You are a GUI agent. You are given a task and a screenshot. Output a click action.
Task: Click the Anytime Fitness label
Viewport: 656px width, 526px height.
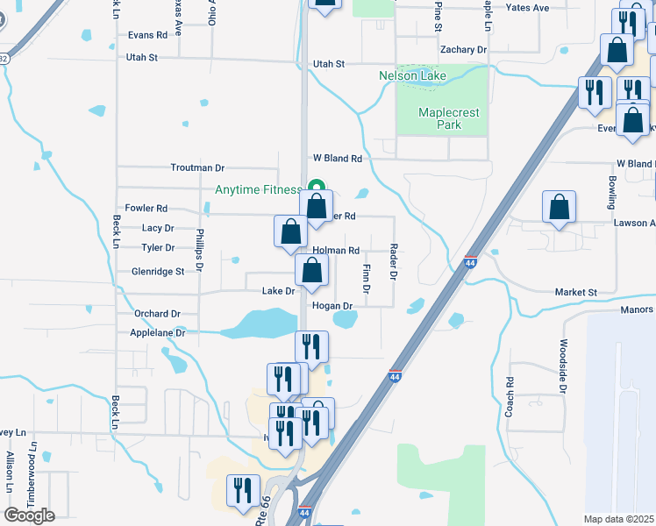point(258,190)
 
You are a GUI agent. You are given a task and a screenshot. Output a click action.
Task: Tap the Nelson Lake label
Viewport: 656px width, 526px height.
point(412,76)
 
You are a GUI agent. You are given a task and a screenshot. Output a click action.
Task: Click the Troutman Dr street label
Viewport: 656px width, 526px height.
point(197,167)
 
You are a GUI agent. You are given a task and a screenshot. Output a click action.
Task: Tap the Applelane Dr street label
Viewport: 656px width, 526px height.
point(158,333)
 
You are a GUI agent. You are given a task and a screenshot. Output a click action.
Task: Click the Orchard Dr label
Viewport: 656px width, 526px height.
point(157,313)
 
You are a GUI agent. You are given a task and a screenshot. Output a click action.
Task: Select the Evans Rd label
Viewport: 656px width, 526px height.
point(146,36)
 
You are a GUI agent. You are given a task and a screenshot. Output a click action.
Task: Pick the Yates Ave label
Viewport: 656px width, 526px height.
point(527,8)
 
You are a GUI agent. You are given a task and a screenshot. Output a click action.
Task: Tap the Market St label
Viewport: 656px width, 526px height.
point(575,292)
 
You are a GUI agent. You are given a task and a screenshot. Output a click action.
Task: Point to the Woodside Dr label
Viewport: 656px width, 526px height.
point(563,365)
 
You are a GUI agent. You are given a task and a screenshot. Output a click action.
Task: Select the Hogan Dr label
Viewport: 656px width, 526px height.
point(332,306)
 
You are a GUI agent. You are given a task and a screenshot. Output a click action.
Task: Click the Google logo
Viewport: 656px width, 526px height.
point(29,515)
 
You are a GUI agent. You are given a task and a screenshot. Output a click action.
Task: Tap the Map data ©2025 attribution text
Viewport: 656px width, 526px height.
point(618,519)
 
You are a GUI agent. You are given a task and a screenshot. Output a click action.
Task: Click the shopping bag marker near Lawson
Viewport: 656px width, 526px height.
point(559,208)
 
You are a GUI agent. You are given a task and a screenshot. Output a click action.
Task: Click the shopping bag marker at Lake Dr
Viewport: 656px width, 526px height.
point(311,271)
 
